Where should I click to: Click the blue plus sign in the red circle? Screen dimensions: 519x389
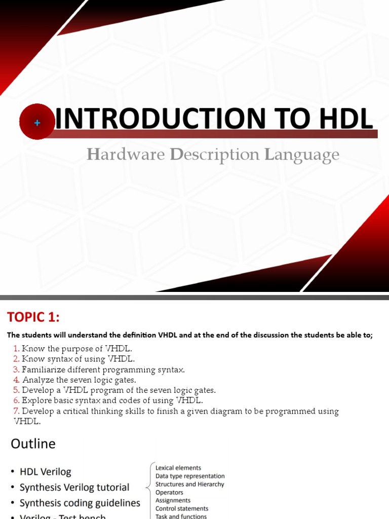point(37,123)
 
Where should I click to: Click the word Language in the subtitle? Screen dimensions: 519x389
point(301,155)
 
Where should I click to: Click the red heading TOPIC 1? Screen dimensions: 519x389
point(33,317)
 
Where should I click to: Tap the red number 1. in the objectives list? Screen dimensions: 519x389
point(16,349)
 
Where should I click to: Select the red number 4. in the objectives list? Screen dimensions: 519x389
point(16,380)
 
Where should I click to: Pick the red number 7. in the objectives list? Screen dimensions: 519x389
point(16,411)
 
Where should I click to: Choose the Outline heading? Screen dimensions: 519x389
point(33,443)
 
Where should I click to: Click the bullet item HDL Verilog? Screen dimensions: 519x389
point(45,472)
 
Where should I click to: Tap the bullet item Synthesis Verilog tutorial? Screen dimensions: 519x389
point(74,488)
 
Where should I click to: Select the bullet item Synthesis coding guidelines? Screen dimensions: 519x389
point(80,503)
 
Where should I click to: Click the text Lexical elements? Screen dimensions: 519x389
point(178,468)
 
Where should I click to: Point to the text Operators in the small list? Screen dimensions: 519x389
point(169,492)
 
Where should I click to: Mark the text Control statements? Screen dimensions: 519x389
point(182,508)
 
